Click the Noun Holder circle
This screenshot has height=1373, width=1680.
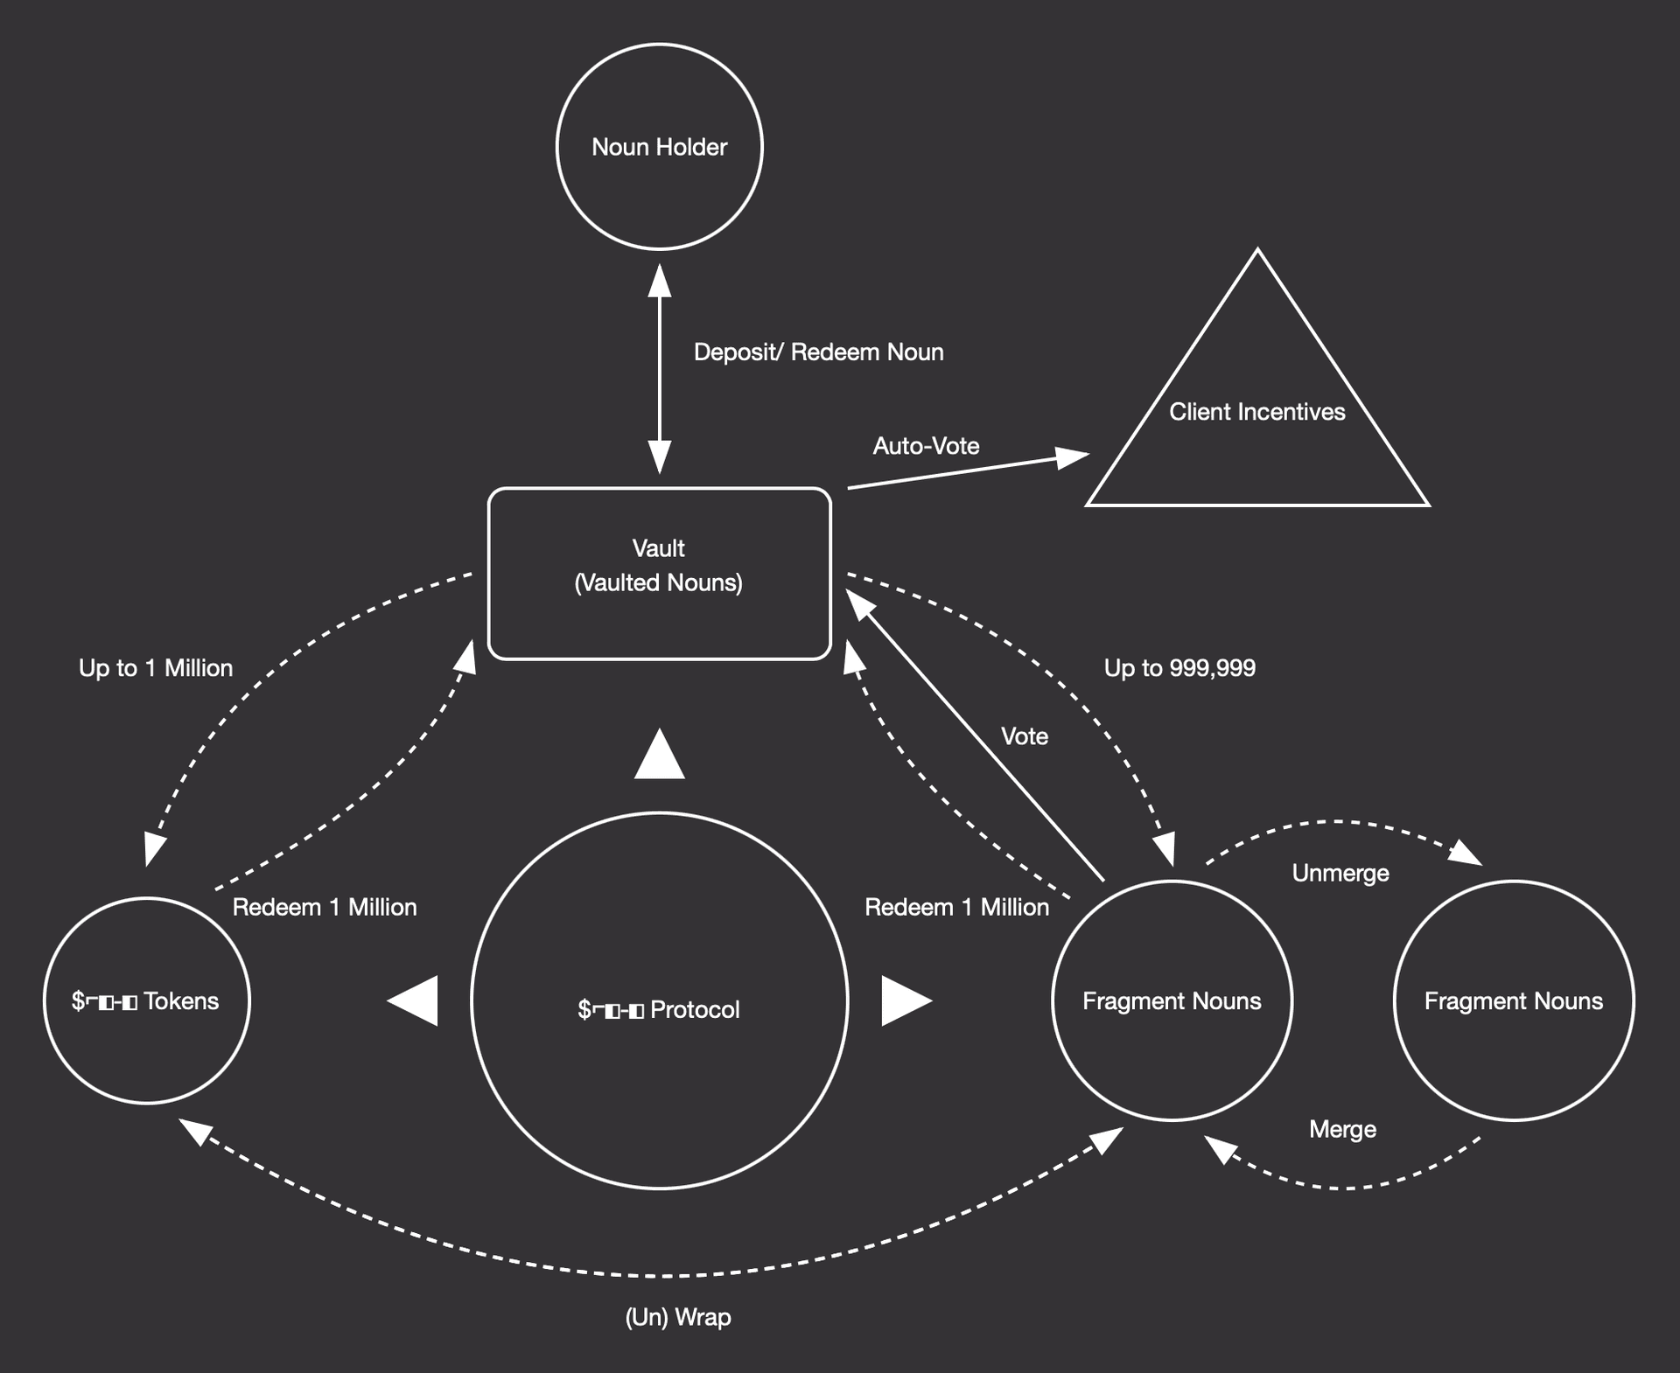tap(659, 147)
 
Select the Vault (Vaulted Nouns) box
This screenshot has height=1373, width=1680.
tap(659, 573)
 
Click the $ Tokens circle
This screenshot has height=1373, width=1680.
tap(147, 1000)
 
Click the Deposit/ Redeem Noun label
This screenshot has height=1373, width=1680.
tap(818, 352)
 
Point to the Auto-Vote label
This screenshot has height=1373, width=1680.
tap(926, 446)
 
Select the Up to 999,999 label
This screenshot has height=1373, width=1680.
tap(1179, 668)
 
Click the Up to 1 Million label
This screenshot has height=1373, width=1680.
tap(156, 668)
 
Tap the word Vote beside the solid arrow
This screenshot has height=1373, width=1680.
tap(1024, 736)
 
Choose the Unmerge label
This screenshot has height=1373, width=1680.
tap(1340, 873)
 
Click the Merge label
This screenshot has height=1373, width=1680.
tap(1342, 1129)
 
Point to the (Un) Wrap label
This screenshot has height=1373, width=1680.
tap(678, 1317)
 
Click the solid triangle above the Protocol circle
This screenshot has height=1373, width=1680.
tap(659, 756)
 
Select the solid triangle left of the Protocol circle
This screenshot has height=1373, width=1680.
tap(416, 1000)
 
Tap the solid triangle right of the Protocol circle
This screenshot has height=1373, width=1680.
tap(904, 1000)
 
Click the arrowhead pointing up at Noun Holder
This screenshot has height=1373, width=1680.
tap(659, 282)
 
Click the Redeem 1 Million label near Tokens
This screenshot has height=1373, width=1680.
tap(325, 907)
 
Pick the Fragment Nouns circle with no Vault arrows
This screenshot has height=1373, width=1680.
tap(1513, 1000)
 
